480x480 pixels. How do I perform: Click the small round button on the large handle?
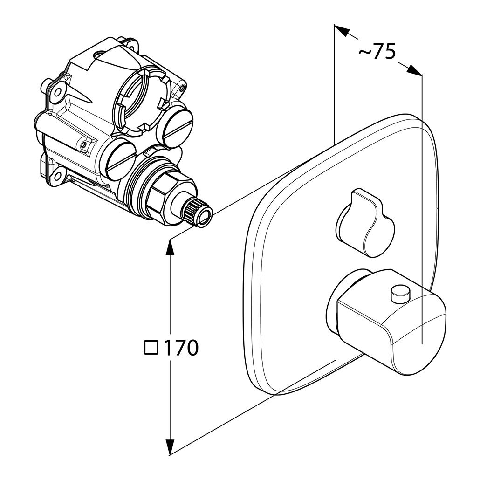click(x=400, y=292)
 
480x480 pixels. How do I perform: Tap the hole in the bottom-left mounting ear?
click(x=60, y=175)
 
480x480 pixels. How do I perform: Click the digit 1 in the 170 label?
click(x=167, y=348)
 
